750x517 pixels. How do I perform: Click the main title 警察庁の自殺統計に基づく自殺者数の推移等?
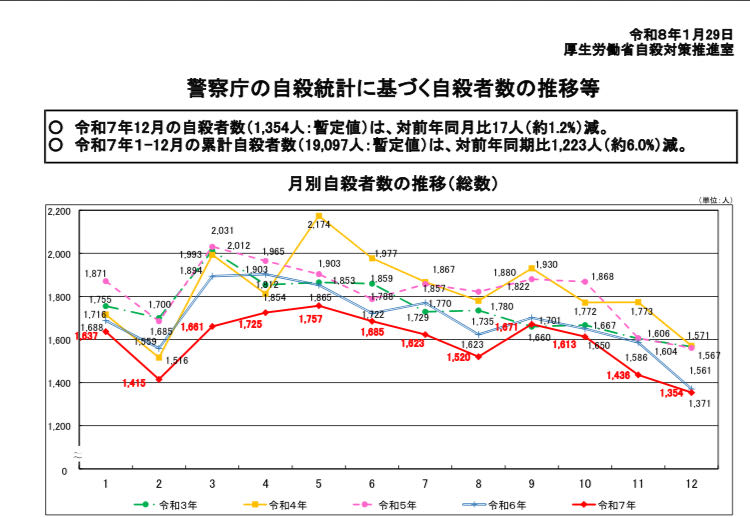coord(379,88)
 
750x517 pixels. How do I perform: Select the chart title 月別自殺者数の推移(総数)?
coord(379,184)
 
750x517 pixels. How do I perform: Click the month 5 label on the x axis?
coord(318,483)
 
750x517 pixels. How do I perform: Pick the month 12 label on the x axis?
coord(690,483)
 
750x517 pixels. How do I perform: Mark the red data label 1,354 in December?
coord(670,394)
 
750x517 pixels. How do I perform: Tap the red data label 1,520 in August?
coord(459,356)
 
